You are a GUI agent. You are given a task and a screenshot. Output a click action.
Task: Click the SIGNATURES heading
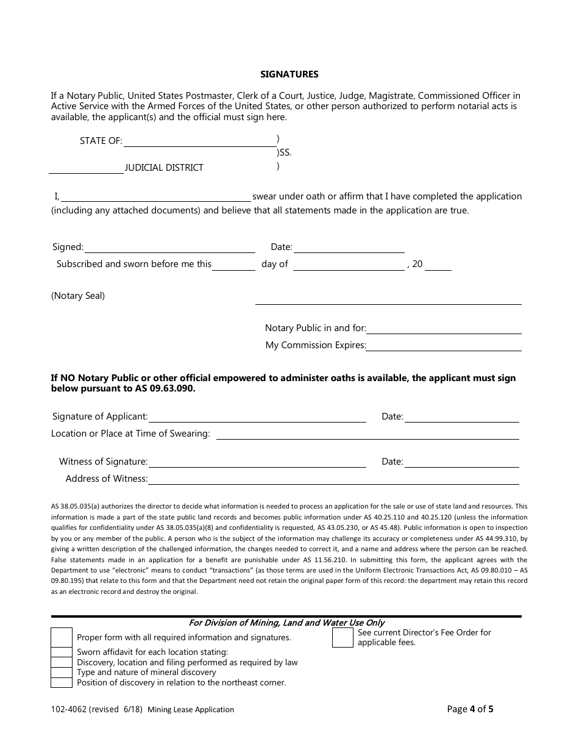pyautogui.click(x=289, y=74)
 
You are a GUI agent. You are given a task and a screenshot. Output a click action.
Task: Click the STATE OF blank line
pyautogui.click(x=199, y=141)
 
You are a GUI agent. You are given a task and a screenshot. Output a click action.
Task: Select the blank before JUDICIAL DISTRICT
pyautogui.click(x=86, y=168)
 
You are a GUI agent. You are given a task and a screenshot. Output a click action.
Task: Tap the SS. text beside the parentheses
pyautogui.click(x=285, y=153)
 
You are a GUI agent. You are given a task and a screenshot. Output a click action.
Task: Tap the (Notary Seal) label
pyautogui.click(x=78, y=296)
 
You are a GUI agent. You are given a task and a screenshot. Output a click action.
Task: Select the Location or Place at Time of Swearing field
pyautogui.click(x=368, y=434)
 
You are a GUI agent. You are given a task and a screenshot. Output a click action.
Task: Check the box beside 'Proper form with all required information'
pyautogui.click(x=62, y=638)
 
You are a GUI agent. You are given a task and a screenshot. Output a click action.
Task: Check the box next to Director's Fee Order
pyautogui.click(x=343, y=638)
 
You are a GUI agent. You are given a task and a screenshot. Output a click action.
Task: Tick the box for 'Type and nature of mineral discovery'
pyautogui.click(x=62, y=673)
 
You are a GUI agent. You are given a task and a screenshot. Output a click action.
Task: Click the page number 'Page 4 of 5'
pyautogui.click(x=470, y=709)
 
